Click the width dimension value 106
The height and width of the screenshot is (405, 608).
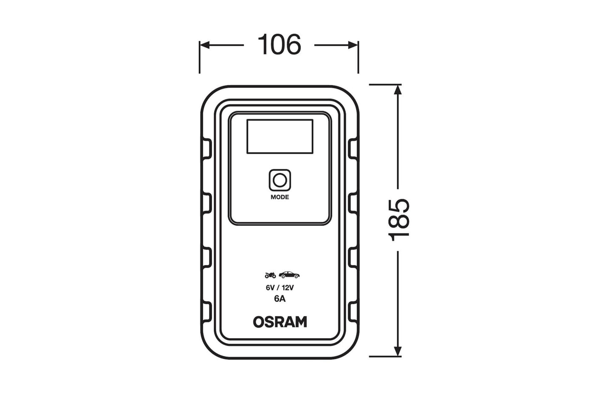click(x=279, y=45)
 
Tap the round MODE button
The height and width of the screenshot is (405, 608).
click(x=279, y=180)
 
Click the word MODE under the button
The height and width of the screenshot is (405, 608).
click(x=280, y=197)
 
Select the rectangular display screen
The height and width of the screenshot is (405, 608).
click(x=280, y=136)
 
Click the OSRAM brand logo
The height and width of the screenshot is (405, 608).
click(x=280, y=322)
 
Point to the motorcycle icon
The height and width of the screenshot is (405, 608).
click(x=270, y=275)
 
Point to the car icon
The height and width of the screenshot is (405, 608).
click(x=289, y=275)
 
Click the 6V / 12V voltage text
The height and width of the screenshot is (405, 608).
click(x=280, y=288)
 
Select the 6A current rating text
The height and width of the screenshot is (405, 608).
click(x=280, y=299)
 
